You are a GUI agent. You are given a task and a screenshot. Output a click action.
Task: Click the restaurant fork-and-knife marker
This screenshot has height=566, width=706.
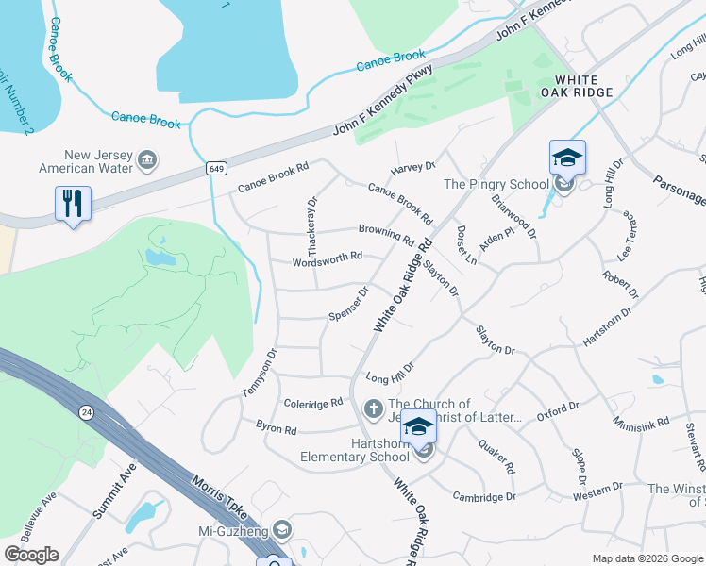(73, 202)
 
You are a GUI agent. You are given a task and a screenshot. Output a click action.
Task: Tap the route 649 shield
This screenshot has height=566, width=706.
(216, 168)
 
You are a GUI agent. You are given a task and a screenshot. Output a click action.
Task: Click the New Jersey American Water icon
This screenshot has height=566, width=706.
(147, 160)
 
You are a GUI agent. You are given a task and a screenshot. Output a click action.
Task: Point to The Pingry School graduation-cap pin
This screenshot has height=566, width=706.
(567, 158)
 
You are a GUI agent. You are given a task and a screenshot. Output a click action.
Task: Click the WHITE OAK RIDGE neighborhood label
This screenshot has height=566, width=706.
(584, 86)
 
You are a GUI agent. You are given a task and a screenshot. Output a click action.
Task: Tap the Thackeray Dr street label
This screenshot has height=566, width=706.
(311, 216)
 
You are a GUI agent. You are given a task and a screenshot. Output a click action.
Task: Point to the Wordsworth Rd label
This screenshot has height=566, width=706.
(328, 257)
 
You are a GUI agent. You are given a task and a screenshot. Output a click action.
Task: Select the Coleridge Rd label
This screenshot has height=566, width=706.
(313, 403)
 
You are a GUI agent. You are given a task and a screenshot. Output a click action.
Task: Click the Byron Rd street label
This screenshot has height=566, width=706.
(277, 429)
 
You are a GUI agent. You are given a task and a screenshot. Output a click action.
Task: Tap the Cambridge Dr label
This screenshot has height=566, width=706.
(484, 496)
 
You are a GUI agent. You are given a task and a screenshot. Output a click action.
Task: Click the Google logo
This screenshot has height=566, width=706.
(31, 555)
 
